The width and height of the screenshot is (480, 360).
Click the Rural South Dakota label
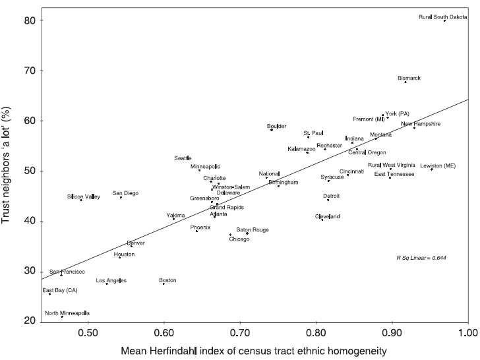tap(443, 16)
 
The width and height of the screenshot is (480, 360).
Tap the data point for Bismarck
tap(405, 82)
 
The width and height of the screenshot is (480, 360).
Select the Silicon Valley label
tap(84, 196)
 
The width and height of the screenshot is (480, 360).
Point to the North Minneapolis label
tap(67, 313)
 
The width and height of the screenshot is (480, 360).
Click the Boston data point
tap(163, 284)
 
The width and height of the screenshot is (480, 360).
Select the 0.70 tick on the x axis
tap(240, 331)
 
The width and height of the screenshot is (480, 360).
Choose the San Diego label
tap(125, 193)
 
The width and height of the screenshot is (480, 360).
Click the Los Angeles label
tap(111, 281)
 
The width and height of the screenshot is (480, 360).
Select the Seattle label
tap(183, 158)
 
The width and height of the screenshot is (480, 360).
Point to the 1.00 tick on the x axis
tap(467, 331)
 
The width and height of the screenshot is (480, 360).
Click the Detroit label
tap(332, 196)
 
